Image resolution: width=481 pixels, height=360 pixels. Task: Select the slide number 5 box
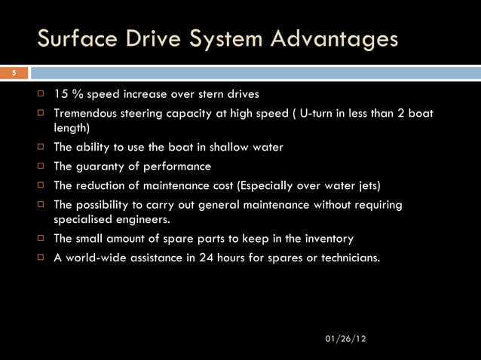click(13, 73)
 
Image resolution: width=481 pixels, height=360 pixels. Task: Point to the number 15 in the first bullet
click(60, 95)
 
